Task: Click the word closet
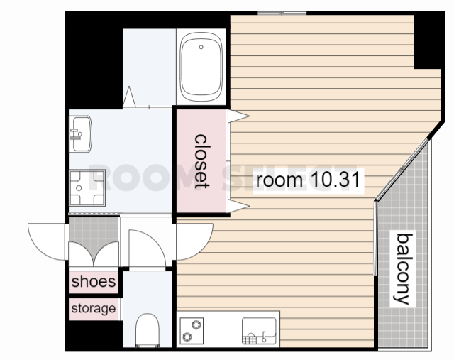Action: pyautogui.click(x=201, y=161)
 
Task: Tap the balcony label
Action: pyautogui.click(x=404, y=268)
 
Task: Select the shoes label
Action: pyautogui.click(x=94, y=281)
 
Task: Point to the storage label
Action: pyautogui.click(x=94, y=308)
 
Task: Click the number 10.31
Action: pyautogui.click(x=336, y=180)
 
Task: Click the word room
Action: pyautogui.click(x=279, y=180)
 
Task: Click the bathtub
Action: pyautogui.click(x=201, y=67)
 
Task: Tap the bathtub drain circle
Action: pyautogui.click(x=201, y=47)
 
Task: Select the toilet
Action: pyautogui.click(x=148, y=330)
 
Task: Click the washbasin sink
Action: pyautogui.click(x=81, y=134)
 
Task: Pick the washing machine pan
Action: pyautogui.click(x=87, y=188)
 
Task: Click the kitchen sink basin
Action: pyautogui.click(x=259, y=331)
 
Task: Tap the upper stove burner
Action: pyautogui.click(x=196, y=324)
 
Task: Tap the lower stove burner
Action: pyautogui.click(x=187, y=337)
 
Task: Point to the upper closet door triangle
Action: pyautogui.click(x=238, y=116)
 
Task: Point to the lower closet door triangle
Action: pyautogui.click(x=238, y=206)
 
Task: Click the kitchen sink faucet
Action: pyautogui.click(x=264, y=337)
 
